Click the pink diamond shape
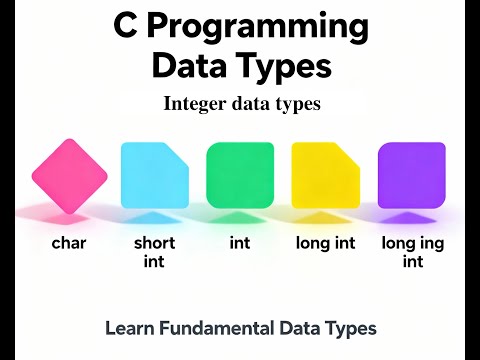(x=69, y=175)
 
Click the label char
(x=69, y=243)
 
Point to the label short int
(x=154, y=252)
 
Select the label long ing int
(x=412, y=252)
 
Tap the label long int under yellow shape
(x=326, y=243)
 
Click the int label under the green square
(x=240, y=243)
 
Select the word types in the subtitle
(x=299, y=104)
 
